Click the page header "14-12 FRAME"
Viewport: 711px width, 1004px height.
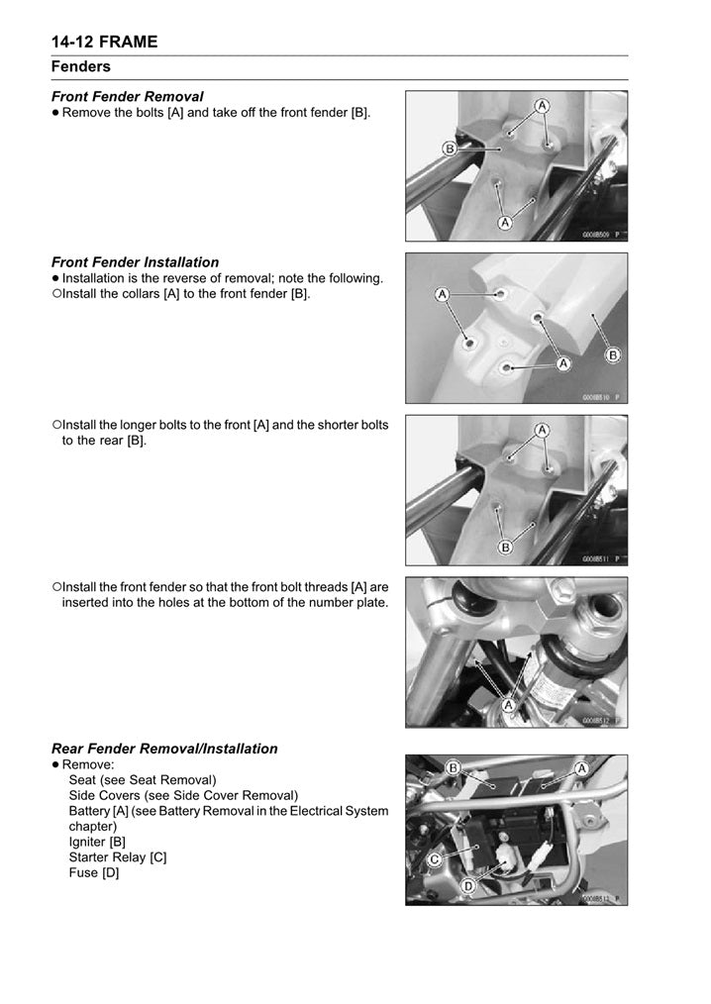pyautogui.click(x=104, y=41)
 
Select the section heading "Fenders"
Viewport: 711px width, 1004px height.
pyautogui.click(x=81, y=66)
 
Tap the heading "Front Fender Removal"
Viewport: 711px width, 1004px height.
pyautogui.click(x=127, y=96)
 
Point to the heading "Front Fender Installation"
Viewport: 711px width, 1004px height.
pyautogui.click(x=135, y=262)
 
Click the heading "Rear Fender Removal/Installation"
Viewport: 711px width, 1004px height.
pyautogui.click(x=164, y=749)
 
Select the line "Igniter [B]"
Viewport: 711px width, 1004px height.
pyautogui.click(x=97, y=841)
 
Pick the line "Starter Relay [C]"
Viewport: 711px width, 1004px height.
pyautogui.click(x=117, y=856)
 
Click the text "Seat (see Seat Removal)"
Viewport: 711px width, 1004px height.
pyautogui.click(x=142, y=779)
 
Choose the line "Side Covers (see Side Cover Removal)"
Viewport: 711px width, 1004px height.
pyautogui.click(x=183, y=795)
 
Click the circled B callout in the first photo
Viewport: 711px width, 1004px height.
pyautogui.click(x=449, y=149)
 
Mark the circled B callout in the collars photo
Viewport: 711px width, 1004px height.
pyautogui.click(x=612, y=354)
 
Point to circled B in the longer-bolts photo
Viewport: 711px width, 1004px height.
pyautogui.click(x=505, y=547)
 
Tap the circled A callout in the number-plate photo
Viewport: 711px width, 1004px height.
pyautogui.click(x=508, y=704)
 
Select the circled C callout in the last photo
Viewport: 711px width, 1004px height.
pyautogui.click(x=434, y=860)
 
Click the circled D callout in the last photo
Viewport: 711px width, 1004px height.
pyautogui.click(x=467, y=888)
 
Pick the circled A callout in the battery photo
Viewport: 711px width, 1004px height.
pyautogui.click(x=581, y=768)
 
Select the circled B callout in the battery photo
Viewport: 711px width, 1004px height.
pyautogui.click(x=453, y=767)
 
